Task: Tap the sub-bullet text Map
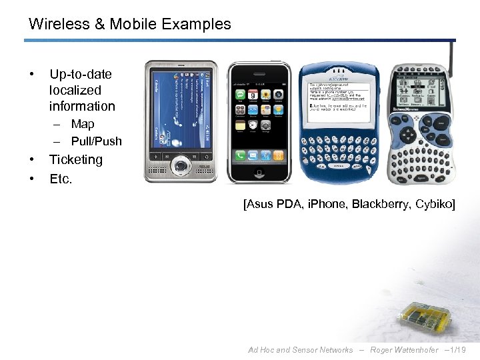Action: [83, 124]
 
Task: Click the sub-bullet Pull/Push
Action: [97, 141]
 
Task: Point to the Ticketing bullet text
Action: [76, 160]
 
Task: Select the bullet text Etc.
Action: [61, 179]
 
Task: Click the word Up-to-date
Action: [81, 74]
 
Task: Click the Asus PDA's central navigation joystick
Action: [181, 165]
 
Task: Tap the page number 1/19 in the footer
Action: [458, 350]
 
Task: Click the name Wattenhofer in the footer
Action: [414, 350]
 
